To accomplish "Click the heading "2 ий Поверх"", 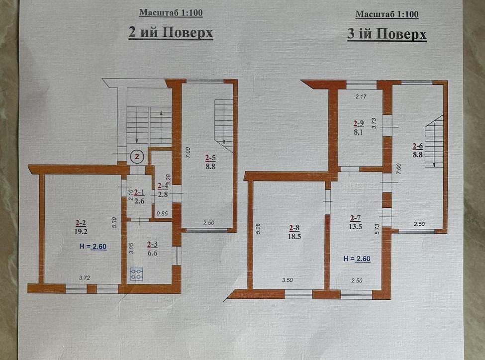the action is point(171,33).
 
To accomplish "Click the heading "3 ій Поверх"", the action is point(387,34).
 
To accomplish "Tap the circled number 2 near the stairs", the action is point(137,157).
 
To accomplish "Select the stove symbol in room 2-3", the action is point(136,273).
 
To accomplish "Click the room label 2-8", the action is point(294,228).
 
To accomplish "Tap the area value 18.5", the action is point(294,237).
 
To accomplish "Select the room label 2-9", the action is point(359,123).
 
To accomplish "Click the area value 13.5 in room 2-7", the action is point(356,226).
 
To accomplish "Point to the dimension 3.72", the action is point(85,278).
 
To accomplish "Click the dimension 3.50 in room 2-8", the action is point(288,280).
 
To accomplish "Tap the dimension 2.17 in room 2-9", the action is point(361,96).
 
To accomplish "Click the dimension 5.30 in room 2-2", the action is point(114,223).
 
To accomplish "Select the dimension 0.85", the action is point(162,213).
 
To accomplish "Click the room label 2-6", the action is point(418,146).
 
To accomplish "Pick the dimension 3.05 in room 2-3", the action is point(131,248).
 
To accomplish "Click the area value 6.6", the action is point(153,253).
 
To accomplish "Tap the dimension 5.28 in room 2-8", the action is point(259,228).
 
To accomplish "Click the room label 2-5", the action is point(210,158).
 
